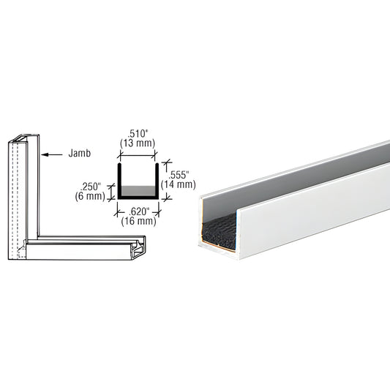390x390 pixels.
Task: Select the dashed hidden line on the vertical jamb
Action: coord(15,198)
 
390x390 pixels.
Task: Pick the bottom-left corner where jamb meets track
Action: coord(18,252)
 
